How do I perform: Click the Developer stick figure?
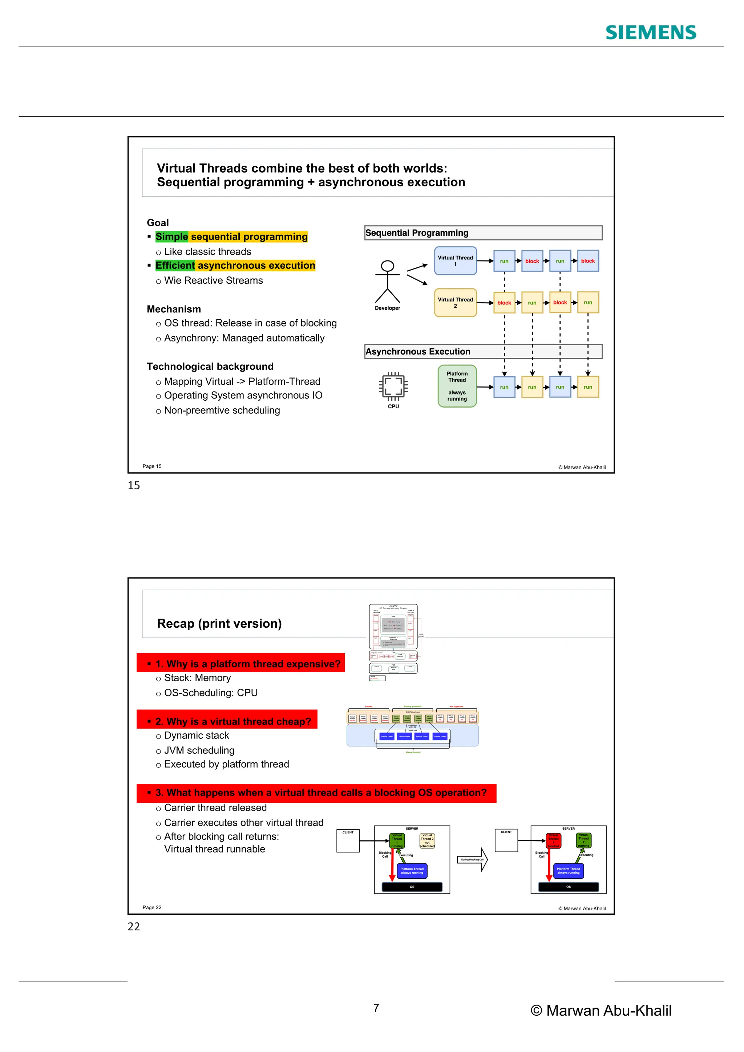pyautogui.click(x=388, y=282)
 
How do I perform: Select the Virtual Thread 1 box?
pyautogui.click(x=456, y=261)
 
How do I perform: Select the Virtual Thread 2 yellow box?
pyautogui.click(x=456, y=302)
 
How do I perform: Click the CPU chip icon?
pyautogui.click(x=393, y=386)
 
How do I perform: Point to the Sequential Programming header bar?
pyautogui.click(x=483, y=233)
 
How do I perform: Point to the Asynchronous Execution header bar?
pyautogui.click(x=483, y=351)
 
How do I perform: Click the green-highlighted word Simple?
pyautogui.click(x=172, y=236)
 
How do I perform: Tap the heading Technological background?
pyautogui.click(x=210, y=367)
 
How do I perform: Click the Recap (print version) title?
pyautogui.click(x=219, y=624)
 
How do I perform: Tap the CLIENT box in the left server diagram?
pyautogui.click(x=348, y=841)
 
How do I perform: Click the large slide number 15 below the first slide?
pyautogui.click(x=134, y=486)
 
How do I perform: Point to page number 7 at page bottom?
pyautogui.click(x=376, y=1008)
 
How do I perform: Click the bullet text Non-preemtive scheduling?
pyautogui.click(x=222, y=410)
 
